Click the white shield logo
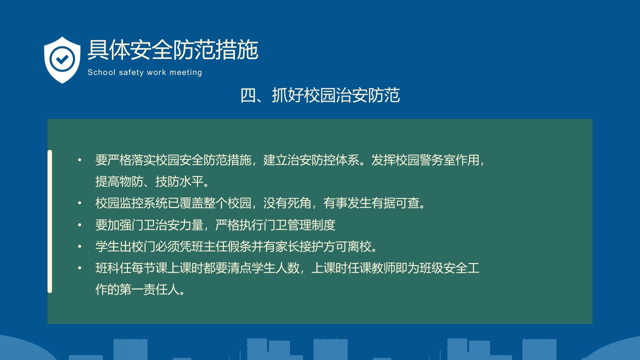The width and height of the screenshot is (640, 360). click(x=62, y=59)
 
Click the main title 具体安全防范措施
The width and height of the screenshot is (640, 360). click(x=172, y=50)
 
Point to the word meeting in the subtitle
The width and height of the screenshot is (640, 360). click(x=185, y=72)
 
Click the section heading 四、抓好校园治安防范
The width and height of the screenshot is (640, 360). click(x=320, y=95)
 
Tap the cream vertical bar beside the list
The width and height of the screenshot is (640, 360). click(x=49, y=221)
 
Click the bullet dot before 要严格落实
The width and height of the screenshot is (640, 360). click(x=79, y=160)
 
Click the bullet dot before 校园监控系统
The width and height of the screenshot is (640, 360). click(x=79, y=203)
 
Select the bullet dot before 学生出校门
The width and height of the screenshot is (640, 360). click(x=79, y=247)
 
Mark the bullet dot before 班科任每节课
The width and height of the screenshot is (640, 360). click(x=79, y=268)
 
